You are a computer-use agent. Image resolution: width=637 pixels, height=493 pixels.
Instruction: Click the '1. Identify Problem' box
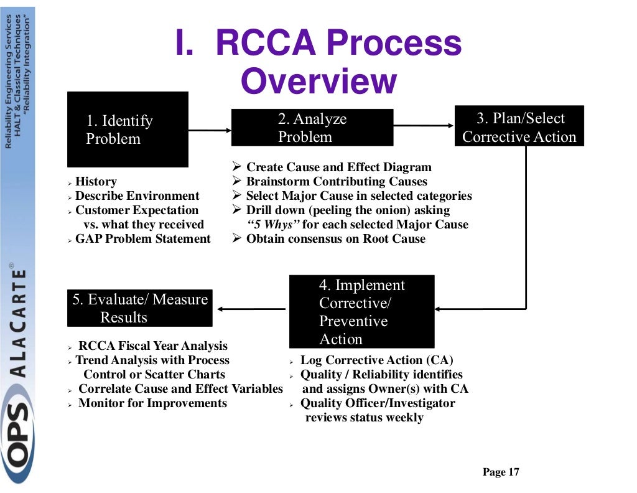coord(128,129)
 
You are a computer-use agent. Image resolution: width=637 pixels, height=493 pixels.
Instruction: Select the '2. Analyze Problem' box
coord(312,128)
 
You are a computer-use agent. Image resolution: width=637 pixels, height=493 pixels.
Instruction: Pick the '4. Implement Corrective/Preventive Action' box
coord(361,312)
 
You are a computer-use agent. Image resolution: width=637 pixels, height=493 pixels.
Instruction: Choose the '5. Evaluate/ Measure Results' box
coord(140,308)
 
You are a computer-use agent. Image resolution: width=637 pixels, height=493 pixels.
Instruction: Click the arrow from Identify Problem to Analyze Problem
coord(210,130)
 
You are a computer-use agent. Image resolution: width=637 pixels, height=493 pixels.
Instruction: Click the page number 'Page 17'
coord(501,472)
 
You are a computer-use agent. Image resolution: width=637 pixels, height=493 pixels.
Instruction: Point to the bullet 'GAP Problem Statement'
coord(142,239)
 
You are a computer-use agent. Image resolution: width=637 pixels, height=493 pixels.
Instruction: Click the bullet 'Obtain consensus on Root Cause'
coord(336,239)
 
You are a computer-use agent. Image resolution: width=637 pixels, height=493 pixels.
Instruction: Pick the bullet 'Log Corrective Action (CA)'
coord(376,360)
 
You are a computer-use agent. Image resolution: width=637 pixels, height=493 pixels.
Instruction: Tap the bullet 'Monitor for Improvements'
coord(152,403)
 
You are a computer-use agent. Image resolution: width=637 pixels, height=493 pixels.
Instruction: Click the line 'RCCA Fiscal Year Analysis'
coord(152,346)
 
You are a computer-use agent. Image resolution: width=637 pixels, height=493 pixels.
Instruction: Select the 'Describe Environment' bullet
coord(137,196)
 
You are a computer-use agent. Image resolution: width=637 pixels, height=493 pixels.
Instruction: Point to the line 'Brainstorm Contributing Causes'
coord(337,182)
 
